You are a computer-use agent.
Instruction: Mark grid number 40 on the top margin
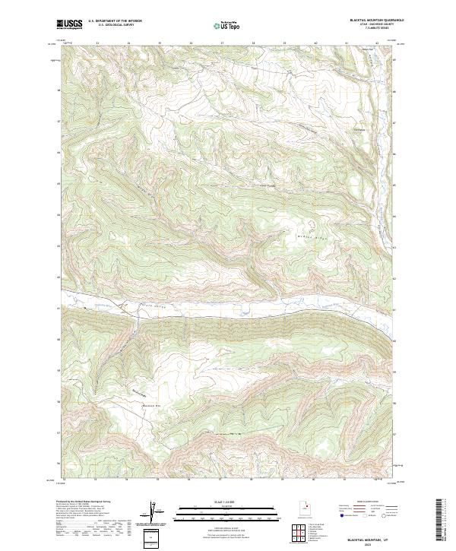315,43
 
